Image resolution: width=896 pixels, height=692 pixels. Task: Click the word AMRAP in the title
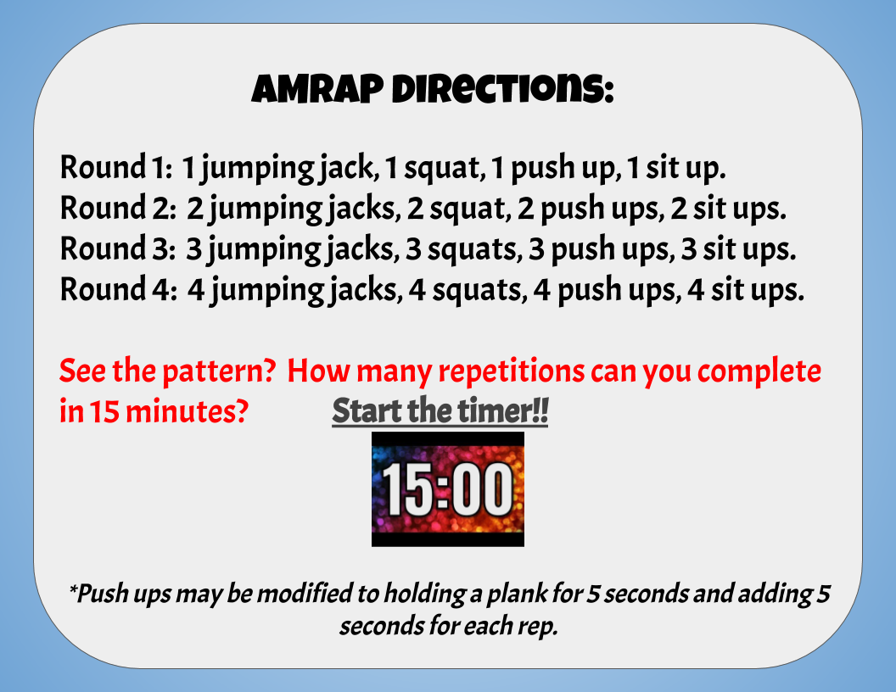tap(317, 89)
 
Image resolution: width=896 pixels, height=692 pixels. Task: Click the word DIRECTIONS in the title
tap(503, 89)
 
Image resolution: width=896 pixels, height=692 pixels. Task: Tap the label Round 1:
tap(116, 168)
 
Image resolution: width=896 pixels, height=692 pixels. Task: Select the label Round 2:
tap(118, 209)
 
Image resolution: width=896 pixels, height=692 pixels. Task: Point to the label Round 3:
tap(118, 249)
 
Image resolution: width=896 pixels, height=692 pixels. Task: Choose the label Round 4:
tap(118, 289)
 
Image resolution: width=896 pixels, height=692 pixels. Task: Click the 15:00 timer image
tap(448, 489)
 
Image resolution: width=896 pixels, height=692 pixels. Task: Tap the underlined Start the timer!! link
tap(440, 410)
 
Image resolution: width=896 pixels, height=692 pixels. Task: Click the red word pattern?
tap(220, 371)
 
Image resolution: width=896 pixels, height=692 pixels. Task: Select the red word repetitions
tap(512, 371)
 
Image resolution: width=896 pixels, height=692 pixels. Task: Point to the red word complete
tap(759, 371)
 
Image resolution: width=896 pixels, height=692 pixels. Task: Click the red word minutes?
tap(187, 411)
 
